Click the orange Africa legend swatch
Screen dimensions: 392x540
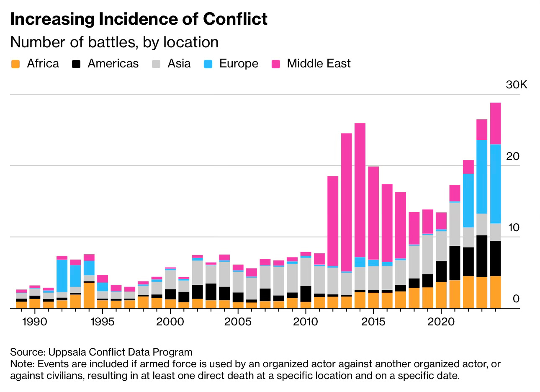15,64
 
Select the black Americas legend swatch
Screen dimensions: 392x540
76,64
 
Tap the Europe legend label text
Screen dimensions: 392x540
239,64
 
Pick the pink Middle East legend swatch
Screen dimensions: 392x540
275,64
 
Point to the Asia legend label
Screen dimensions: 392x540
179,64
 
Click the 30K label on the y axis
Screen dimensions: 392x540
517,85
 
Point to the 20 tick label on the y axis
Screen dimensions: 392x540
512,157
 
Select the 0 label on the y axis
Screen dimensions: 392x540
516,299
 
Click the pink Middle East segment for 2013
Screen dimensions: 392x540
346,201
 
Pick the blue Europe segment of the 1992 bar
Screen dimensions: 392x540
62,276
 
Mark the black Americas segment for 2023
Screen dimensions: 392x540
482,256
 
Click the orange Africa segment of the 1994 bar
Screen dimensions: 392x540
89,295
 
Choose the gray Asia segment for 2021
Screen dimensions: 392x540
455,224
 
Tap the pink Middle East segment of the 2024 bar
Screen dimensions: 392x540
495,124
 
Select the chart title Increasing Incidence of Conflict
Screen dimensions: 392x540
139,19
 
